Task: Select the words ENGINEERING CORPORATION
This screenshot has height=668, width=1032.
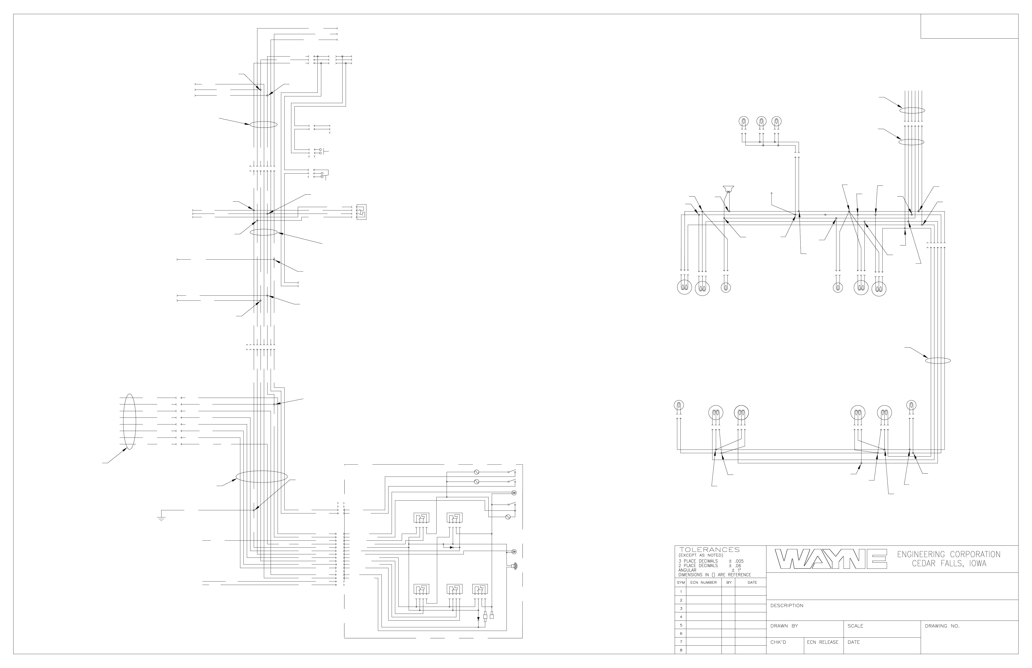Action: click(948, 554)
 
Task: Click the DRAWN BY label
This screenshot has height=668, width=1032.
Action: click(784, 626)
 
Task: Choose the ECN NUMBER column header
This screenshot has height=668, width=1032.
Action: click(703, 583)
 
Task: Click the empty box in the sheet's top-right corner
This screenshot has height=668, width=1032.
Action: click(969, 26)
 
